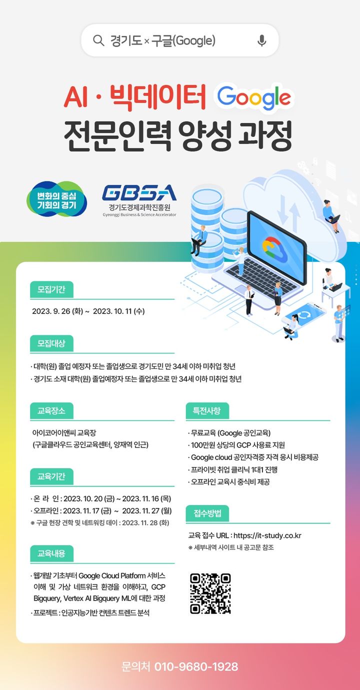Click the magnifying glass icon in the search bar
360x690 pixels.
(x=98, y=40)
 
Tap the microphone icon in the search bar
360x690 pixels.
(x=261, y=40)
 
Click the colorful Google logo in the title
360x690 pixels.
(x=254, y=97)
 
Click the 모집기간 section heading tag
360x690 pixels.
(x=52, y=289)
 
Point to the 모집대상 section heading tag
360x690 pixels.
(x=52, y=343)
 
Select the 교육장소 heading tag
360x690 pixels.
(x=52, y=411)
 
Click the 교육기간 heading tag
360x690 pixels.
(x=52, y=475)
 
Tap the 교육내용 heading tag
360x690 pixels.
(x=52, y=553)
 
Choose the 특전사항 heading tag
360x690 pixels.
(x=207, y=411)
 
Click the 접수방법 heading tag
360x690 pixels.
(x=207, y=513)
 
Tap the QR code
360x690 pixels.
(x=210, y=593)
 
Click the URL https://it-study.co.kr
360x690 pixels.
(x=267, y=535)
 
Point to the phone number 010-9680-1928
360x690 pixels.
(x=196, y=666)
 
